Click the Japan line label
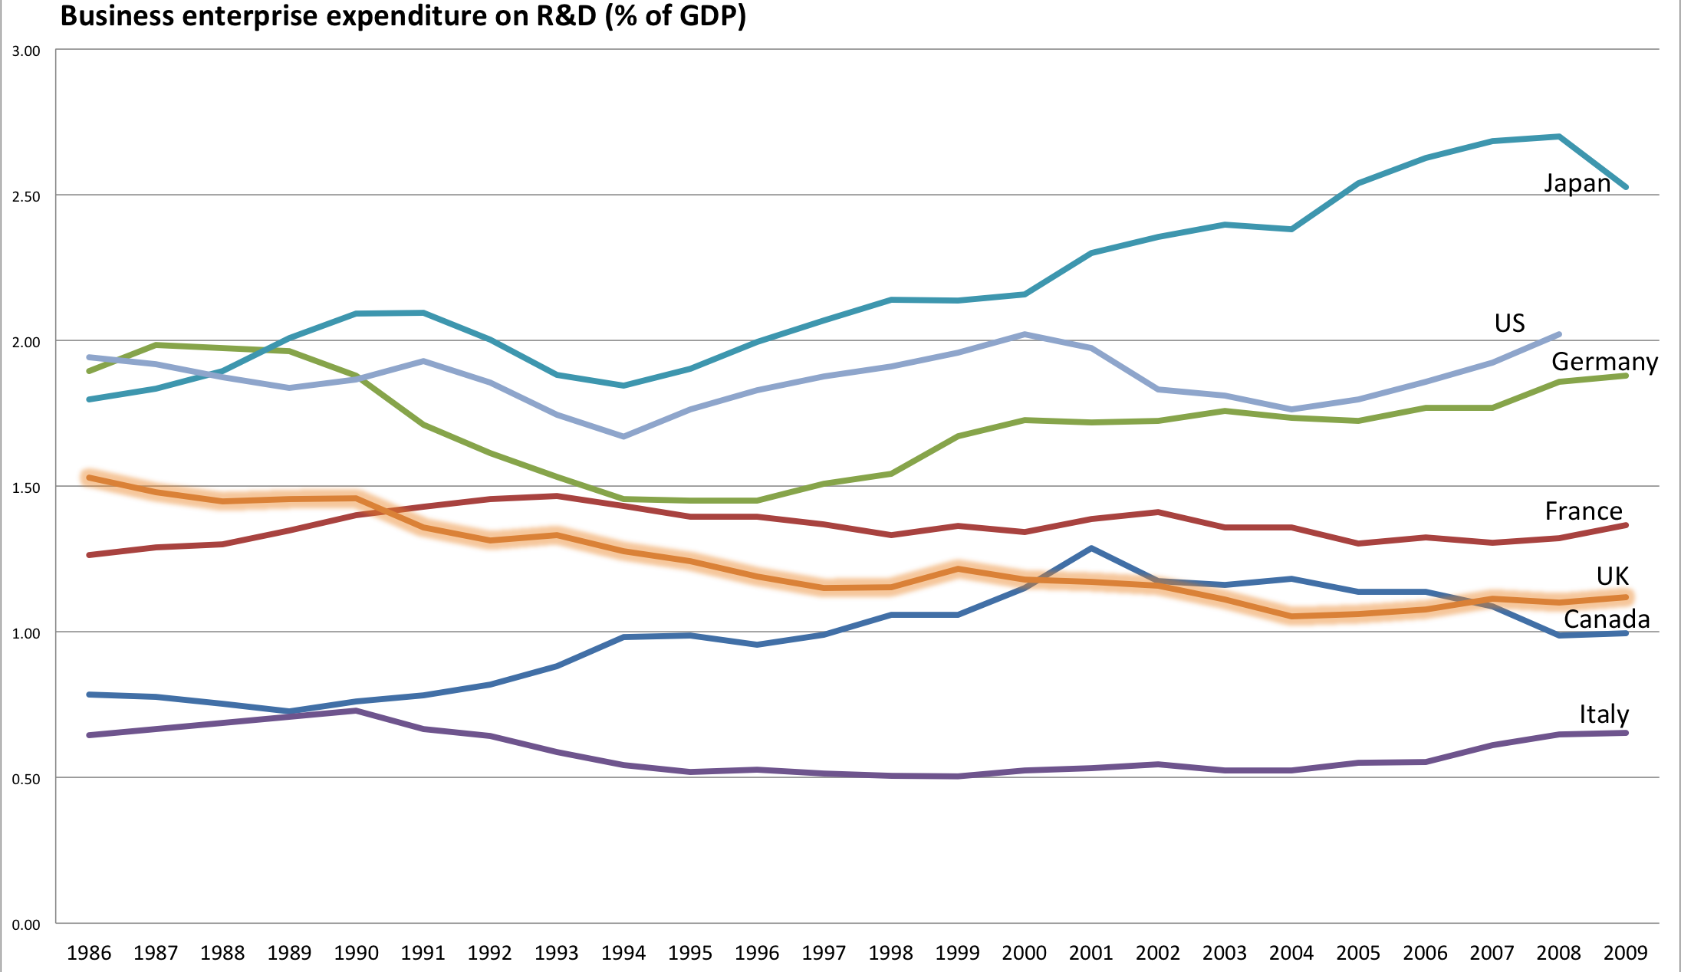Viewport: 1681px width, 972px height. [x=1577, y=183]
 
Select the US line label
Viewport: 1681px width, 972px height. [x=1509, y=323]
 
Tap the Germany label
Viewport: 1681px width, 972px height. [x=1604, y=361]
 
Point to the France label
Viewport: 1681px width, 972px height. [x=1583, y=511]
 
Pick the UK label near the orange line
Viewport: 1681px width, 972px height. [x=1612, y=576]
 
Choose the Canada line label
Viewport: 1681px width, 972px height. [x=1607, y=619]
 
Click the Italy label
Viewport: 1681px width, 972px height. [x=1604, y=714]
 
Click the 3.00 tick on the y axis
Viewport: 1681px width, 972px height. [x=26, y=51]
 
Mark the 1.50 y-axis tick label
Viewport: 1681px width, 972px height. [x=26, y=488]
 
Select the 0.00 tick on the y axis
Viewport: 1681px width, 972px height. [x=26, y=924]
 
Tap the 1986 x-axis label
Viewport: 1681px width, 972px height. [x=89, y=953]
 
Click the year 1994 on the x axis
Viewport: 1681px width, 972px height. [x=623, y=953]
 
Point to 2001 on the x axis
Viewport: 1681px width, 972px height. [x=1091, y=953]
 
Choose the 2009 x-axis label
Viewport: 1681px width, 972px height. [x=1625, y=953]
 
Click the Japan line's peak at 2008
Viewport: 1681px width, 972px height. [x=1559, y=136]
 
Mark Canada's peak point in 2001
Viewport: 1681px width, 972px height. [x=1091, y=548]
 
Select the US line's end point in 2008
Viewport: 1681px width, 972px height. [x=1559, y=334]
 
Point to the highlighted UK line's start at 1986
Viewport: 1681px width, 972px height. [x=90, y=478]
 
